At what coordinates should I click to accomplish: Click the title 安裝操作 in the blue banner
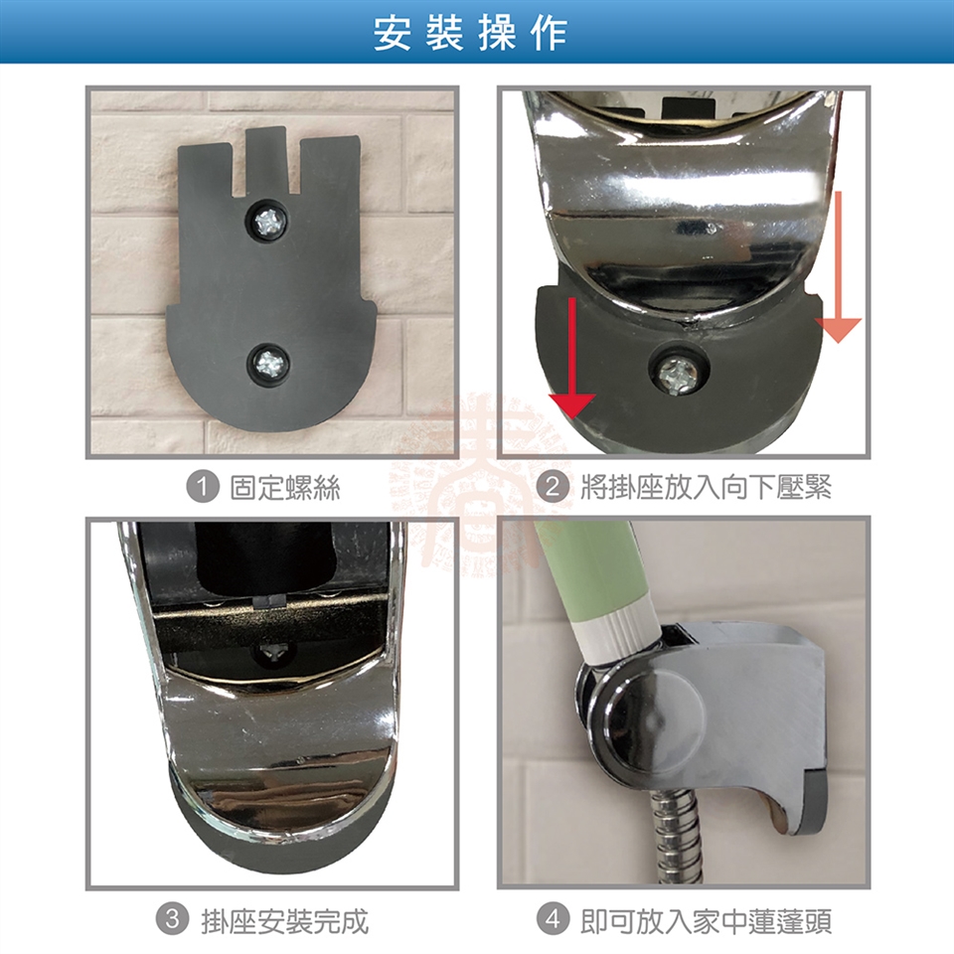click(470, 33)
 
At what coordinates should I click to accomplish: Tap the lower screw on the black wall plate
click(267, 364)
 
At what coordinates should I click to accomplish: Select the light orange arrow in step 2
click(839, 266)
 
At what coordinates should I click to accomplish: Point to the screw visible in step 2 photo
click(679, 370)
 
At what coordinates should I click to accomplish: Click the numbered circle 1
click(202, 487)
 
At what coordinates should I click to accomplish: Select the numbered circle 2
click(553, 487)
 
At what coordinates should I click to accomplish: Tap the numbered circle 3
click(173, 919)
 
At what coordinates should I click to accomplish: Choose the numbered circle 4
click(553, 919)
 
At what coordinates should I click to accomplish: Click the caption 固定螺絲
click(285, 488)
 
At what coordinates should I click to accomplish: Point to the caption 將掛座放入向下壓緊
click(706, 488)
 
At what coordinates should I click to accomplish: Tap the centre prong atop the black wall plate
click(265, 157)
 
